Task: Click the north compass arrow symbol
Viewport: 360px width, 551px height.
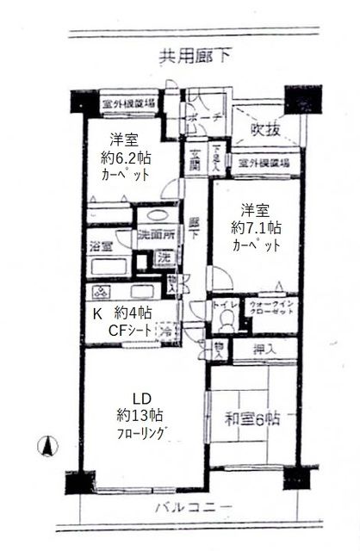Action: click(x=48, y=447)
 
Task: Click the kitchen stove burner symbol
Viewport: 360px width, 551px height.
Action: click(x=100, y=291)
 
